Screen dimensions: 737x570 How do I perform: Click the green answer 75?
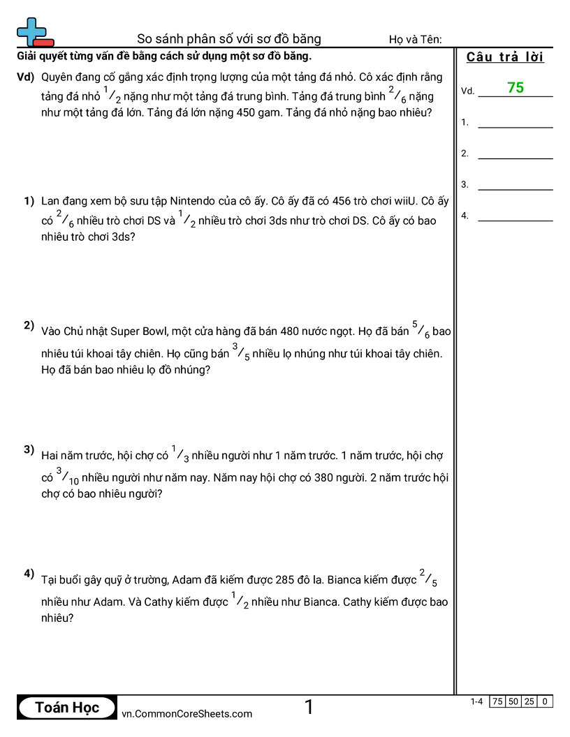point(516,88)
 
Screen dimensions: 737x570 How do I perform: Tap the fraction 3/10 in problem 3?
point(68,477)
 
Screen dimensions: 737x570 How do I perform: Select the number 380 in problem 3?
point(355,478)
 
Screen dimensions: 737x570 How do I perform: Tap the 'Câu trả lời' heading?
point(505,57)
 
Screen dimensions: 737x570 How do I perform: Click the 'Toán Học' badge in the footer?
point(67,708)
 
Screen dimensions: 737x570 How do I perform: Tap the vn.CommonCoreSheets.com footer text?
point(187,713)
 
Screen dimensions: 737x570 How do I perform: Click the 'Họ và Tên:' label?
point(415,39)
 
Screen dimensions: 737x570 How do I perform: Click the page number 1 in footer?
point(309,708)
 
